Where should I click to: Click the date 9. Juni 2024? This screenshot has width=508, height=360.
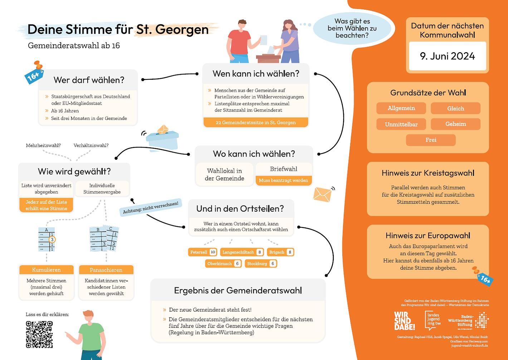447,56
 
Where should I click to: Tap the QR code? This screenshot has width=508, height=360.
39,334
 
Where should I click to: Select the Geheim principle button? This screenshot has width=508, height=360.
455,124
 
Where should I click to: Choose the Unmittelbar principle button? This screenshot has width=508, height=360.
401,124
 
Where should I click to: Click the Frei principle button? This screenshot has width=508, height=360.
431,140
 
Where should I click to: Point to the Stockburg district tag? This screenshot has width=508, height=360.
261,263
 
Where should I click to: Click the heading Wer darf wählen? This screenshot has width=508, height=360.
89,80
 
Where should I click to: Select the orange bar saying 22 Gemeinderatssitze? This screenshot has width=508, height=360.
255,122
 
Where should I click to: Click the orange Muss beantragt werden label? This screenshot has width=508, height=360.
283,180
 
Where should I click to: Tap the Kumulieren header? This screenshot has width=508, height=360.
46,270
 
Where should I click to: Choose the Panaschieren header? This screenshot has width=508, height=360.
106,270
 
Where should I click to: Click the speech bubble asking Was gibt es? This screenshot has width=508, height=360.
352,28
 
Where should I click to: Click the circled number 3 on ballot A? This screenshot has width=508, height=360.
52,239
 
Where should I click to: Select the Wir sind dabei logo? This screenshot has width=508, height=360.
404,321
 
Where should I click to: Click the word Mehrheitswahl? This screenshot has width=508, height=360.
43,145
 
